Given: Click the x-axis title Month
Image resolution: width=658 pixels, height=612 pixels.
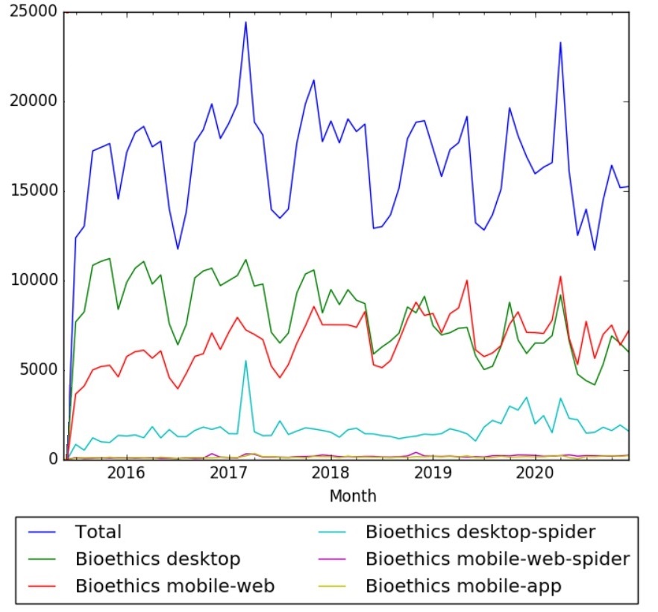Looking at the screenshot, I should click(x=352, y=496).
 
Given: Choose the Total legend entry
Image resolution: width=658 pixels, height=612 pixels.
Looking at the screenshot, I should click(x=98, y=532).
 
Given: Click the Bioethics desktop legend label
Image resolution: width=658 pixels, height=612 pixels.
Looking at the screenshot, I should click(x=157, y=559).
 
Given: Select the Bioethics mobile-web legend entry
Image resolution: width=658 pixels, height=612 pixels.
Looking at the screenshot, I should click(x=175, y=586).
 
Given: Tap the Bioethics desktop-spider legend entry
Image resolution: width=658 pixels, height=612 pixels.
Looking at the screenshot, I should click(x=480, y=532).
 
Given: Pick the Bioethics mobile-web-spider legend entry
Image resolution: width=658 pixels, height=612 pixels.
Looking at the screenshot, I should click(x=498, y=559).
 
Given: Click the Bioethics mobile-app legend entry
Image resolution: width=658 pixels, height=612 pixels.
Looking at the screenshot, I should click(x=463, y=586).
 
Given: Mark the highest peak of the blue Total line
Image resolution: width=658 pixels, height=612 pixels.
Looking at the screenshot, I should click(x=245, y=22).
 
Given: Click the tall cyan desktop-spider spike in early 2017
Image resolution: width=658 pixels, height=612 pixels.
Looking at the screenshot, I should click(x=245, y=361).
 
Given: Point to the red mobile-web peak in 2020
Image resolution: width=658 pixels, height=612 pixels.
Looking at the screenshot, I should click(x=560, y=277).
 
